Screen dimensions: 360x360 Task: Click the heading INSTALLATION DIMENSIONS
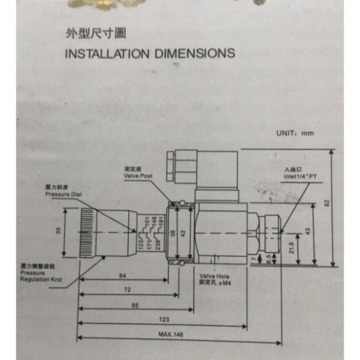pos(149,53)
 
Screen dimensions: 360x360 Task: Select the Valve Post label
pos(138,173)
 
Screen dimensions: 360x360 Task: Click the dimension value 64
pos(122,275)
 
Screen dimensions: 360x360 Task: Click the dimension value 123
pos(164,320)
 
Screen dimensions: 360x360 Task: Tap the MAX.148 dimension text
pos(170,335)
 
